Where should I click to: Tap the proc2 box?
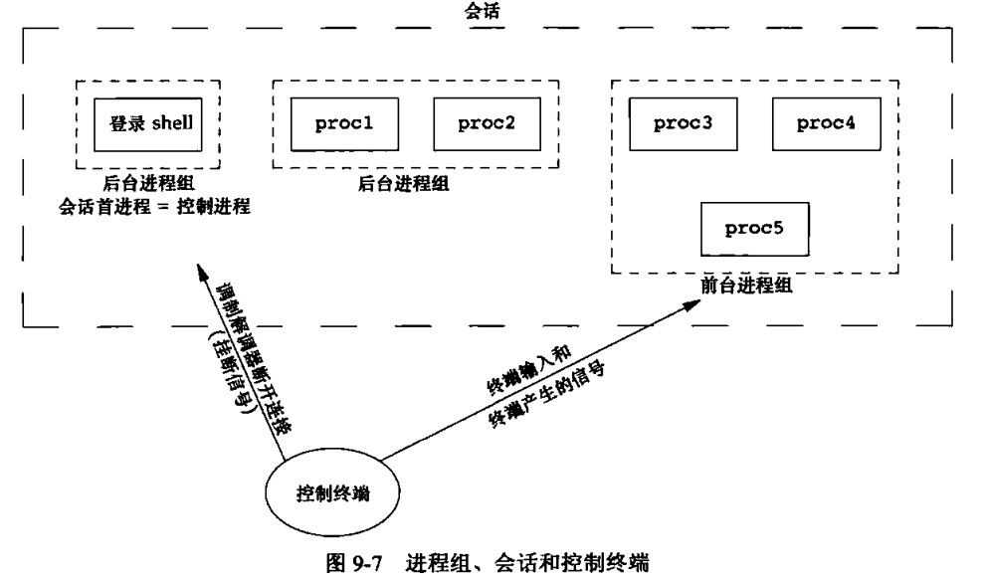[486, 124]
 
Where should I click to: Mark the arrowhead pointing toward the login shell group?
[201, 270]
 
